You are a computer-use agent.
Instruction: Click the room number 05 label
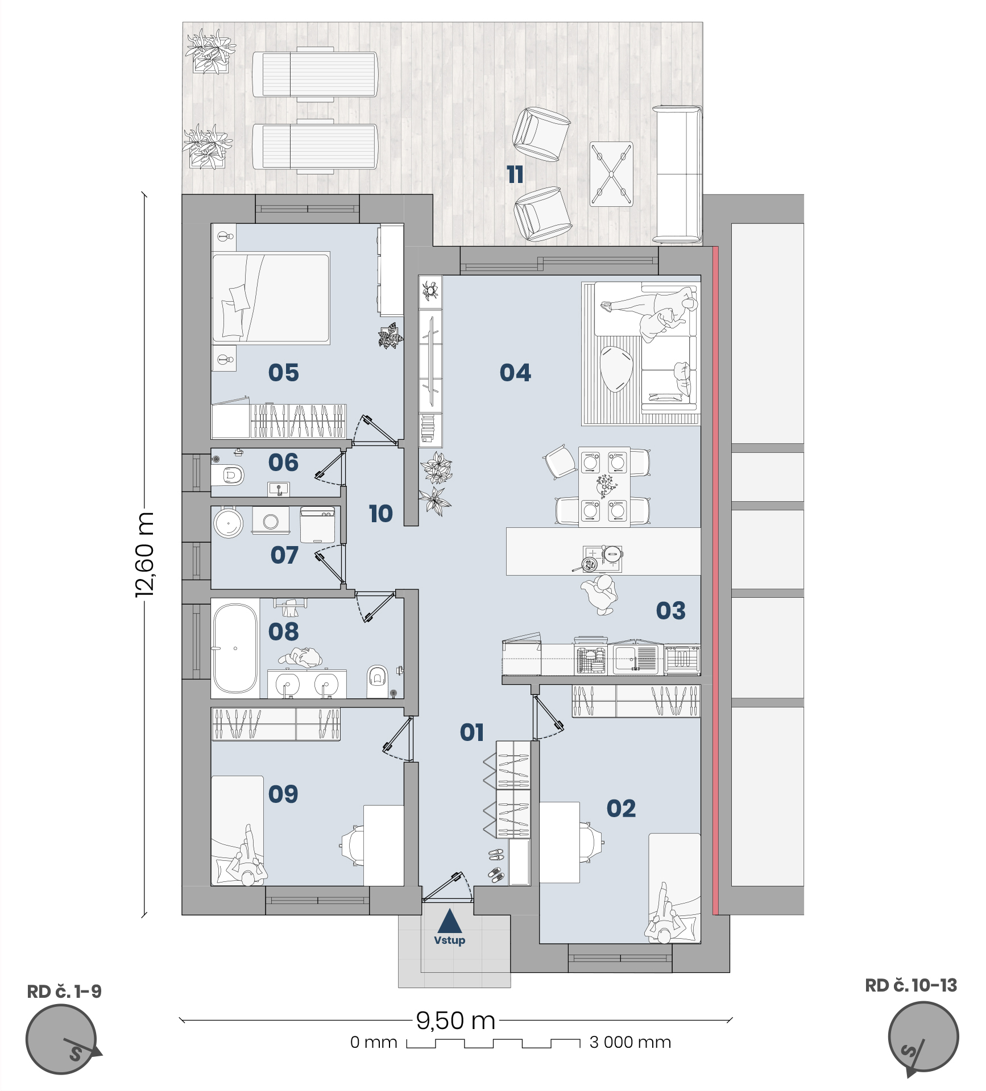tap(283, 373)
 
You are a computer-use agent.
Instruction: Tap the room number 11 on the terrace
tap(515, 174)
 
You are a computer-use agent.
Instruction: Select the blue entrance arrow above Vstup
tap(450, 921)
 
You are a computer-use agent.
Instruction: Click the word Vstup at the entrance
tap(450, 940)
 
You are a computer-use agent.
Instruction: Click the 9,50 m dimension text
tap(455, 1021)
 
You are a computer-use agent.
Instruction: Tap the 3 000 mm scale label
tap(630, 1042)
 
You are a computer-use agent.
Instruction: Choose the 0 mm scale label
tap(374, 1042)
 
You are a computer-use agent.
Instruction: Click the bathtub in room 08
tap(235, 648)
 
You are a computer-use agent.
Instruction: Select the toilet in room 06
tap(229, 474)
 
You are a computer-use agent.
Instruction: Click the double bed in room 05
tap(271, 298)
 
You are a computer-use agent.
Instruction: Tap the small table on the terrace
tap(611, 174)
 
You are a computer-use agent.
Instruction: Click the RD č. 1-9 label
tap(64, 992)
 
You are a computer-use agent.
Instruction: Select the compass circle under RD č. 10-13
tap(923, 1038)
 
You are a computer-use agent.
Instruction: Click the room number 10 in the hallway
tap(381, 514)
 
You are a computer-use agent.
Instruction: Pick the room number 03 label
tap(670, 611)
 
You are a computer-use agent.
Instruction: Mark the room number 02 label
tap(621, 809)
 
